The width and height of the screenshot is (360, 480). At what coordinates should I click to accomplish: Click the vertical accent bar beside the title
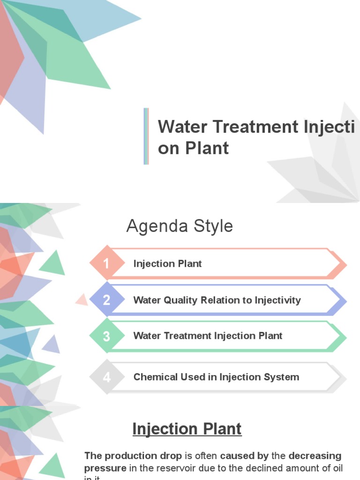(x=146, y=136)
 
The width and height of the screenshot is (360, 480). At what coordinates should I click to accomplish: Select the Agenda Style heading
(x=180, y=226)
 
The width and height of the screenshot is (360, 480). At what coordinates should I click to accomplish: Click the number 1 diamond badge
(x=106, y=264)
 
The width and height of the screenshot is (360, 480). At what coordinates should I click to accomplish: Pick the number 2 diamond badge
(x=106, y=300)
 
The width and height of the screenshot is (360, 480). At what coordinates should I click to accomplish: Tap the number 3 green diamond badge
(x=106, y=336)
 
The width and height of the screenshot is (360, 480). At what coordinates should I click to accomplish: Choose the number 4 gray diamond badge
(x=106, y=377)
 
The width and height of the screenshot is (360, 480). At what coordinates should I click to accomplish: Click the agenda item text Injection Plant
(x=167, y=264)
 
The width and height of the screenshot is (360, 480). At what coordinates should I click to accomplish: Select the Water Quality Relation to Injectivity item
(x=217, y=300)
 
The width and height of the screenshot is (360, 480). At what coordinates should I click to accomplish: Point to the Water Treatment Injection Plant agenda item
(x=208, y=336)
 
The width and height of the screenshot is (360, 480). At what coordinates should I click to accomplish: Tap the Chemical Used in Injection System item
(x=216, y=377)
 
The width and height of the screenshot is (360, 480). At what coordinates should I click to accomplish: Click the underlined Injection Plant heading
(x=187, y=429)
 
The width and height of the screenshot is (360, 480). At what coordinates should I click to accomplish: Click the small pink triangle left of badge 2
(x=82, y=300)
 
